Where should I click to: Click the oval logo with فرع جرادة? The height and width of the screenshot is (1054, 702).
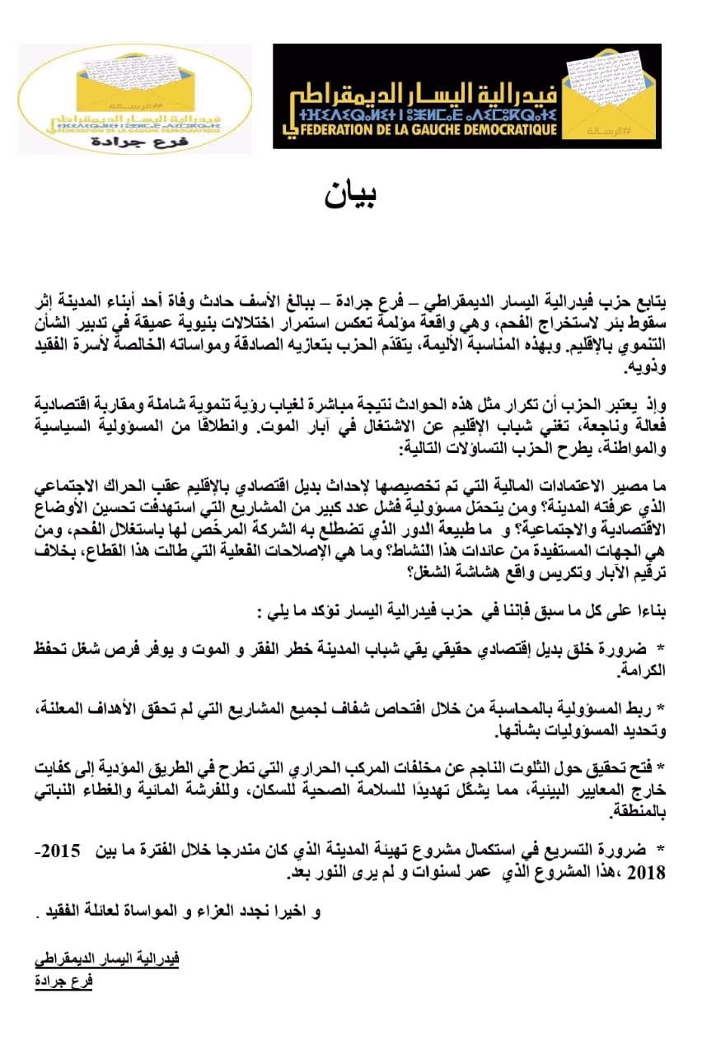(x=134, y=98)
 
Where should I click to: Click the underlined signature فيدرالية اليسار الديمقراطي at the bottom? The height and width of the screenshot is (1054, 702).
(x=106, y=959)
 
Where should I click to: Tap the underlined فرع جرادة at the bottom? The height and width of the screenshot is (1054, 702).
(x=63, y=982)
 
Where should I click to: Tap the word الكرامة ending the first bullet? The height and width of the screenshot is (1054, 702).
(x=643, y=672)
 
